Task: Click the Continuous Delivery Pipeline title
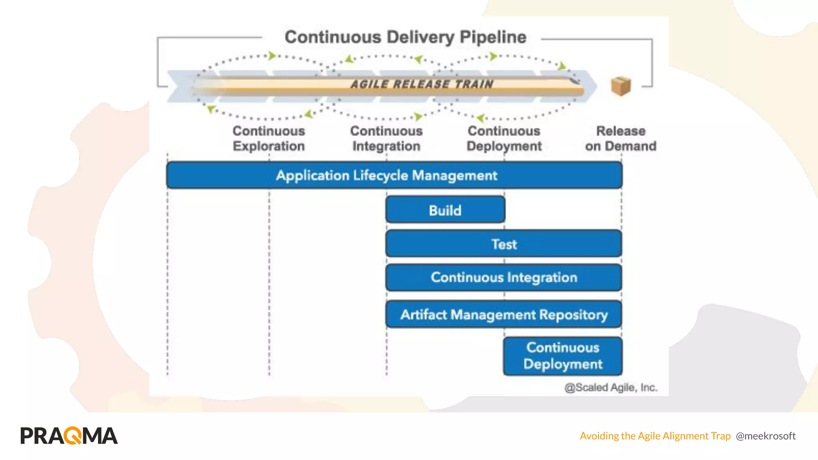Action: (405, 37)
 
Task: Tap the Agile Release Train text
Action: (422, 84)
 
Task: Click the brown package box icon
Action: (621, 86)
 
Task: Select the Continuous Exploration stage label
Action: (268, 139)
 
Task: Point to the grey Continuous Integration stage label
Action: (386, 139)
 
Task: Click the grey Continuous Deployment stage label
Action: (504, 139)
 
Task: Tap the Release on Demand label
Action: (621, 139)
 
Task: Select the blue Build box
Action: (445, 210)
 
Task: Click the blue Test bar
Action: (504, 244)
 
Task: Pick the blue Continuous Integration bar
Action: (504, 278)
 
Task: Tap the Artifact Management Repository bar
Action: (504, 315)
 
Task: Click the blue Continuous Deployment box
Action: (562, 356)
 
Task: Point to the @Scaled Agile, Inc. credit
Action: (611, 387)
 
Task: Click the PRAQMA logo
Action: (69, 436)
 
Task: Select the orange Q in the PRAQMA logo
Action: (73, 436)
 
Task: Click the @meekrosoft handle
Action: (765, 436)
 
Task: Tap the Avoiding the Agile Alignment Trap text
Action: (655, 436)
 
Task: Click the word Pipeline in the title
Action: (493, 37)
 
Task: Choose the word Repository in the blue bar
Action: (573, 315)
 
